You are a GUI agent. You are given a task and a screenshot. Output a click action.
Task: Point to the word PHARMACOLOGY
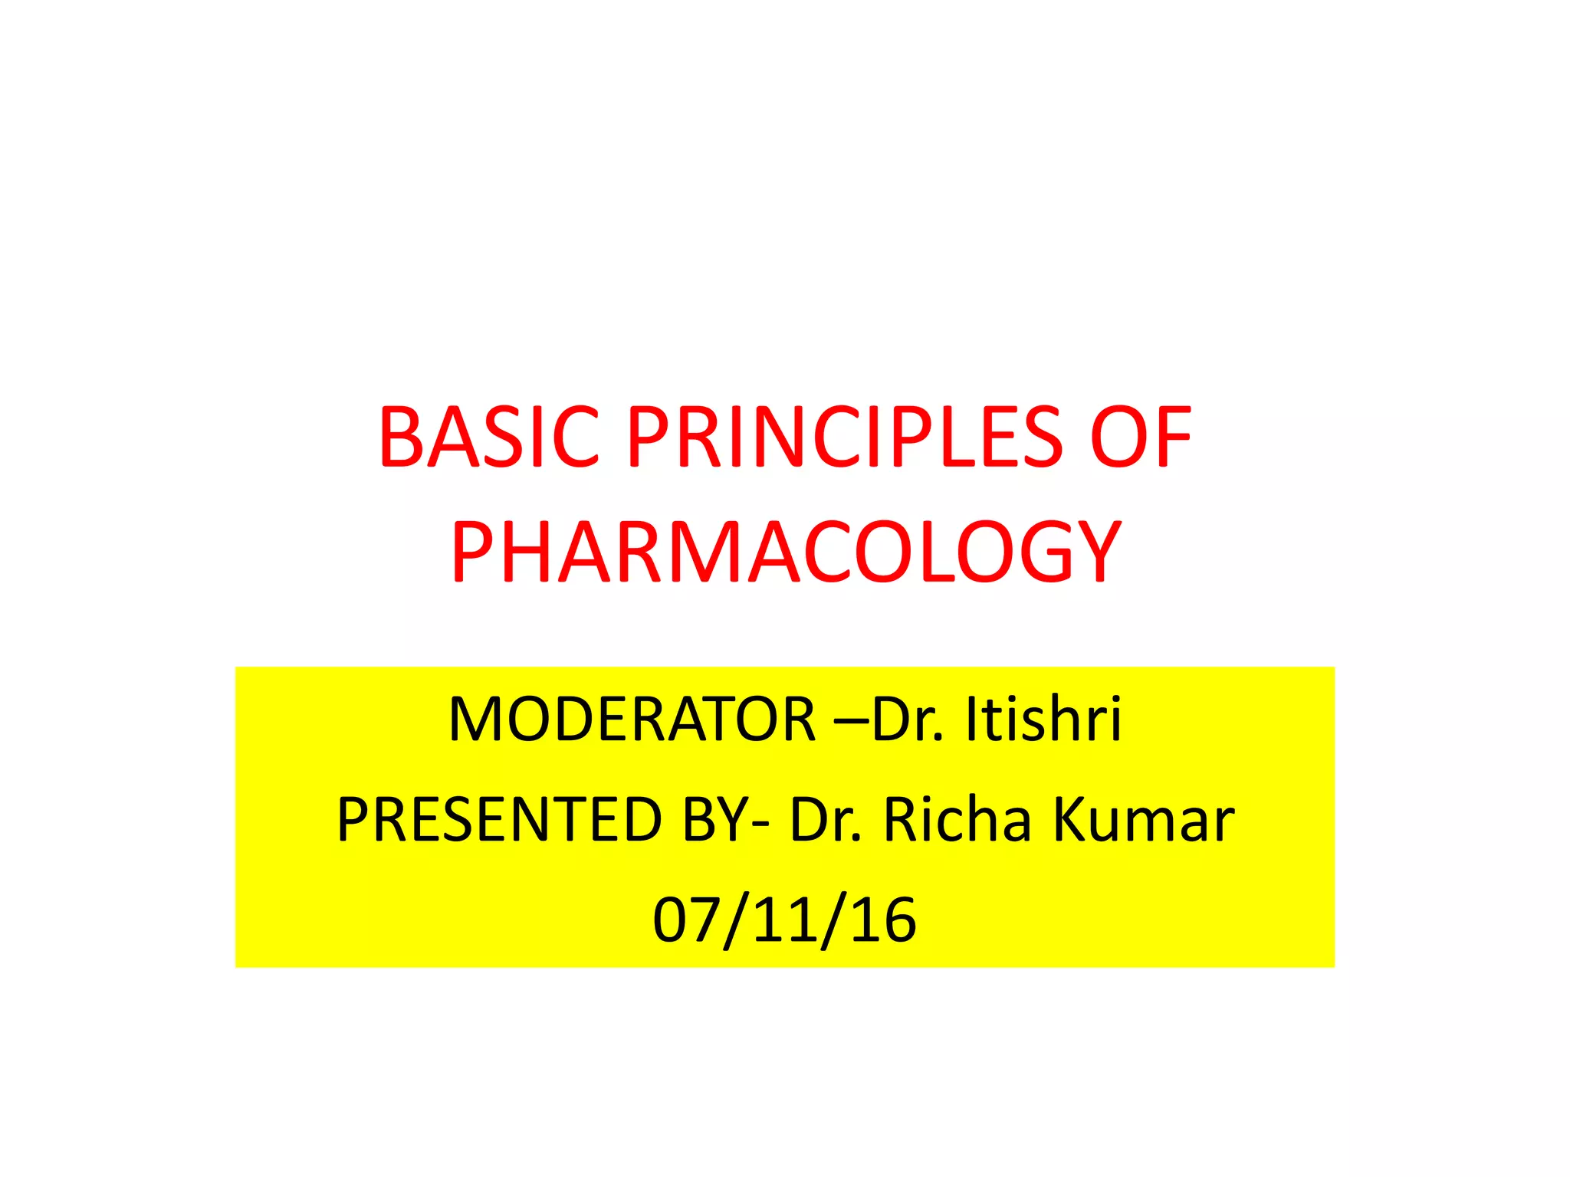[786, 552]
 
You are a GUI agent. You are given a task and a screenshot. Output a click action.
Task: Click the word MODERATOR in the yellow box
[632, 720]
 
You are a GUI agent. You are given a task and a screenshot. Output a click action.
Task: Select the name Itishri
[1043, 720]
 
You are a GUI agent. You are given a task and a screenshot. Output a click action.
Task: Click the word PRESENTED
[499, 820]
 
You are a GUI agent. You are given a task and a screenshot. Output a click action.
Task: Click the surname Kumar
[1143, 820]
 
